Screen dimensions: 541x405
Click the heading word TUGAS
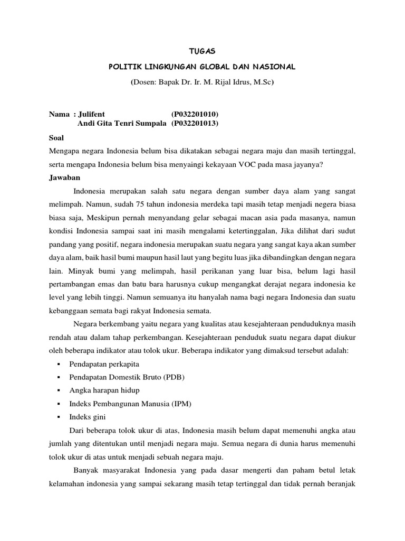tap(202, 51)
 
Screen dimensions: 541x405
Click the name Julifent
tap(91, 114)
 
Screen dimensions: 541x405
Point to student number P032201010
tap(195, 114)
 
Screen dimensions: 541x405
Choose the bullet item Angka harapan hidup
tap(104, 391)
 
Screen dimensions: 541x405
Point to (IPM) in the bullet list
tap(181, 404)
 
